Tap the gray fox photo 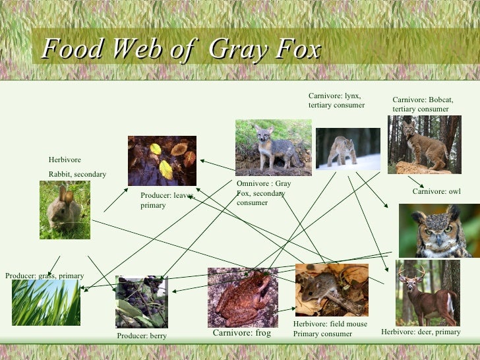(x=273, y=148)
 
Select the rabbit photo (x=65, y=210)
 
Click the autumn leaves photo (x=162, y=160)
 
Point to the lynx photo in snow (x=347, y=149)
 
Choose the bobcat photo (x=424, y=144)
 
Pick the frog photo (x=242, y=297)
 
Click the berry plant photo (x=142, y=302)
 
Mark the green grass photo (x=46, y=302)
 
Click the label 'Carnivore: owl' (x=436, y=192)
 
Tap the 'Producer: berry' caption (x=142, y=336)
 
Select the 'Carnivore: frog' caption (x=241, y=333)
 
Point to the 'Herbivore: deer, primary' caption (x=421, y=332)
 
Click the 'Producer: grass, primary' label (x=45, y=276)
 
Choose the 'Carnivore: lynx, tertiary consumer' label (x=336, y=100)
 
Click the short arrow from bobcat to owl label (x=415, y=181)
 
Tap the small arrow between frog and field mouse (x=285, y=309)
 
